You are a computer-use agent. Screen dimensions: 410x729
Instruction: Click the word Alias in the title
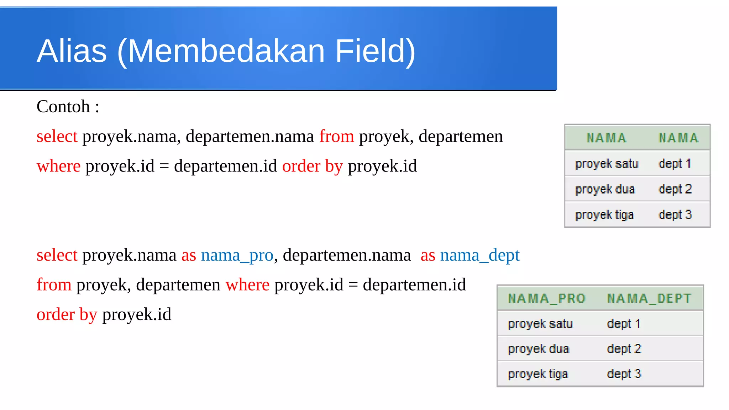[x=72, y=51]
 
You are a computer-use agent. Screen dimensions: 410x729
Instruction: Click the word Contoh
[x=63, y=107]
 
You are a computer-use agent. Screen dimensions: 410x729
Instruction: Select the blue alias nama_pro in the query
[x=237, y=255]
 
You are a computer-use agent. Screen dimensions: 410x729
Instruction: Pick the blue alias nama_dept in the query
[x=480, y=255]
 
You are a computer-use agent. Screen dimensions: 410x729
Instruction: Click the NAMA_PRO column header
[x=547, y=298]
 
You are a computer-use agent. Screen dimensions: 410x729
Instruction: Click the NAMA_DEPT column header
[x=649, y=298]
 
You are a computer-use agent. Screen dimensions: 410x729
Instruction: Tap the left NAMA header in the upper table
[x=607, y=138]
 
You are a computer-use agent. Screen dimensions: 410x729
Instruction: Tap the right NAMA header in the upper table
[x=678, y=138]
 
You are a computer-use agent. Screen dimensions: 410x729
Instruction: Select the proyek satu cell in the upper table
[x=607, y=164]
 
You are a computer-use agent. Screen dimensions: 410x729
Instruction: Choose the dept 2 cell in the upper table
[x=675, y=189]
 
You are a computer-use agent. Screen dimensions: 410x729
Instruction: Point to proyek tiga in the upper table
[x=604, y=215]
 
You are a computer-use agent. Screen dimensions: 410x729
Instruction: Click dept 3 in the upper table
[x=675, y=215]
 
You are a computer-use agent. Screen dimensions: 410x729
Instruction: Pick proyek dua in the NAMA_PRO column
[x=539, y=349]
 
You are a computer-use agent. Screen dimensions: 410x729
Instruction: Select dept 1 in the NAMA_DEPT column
[x=624, y=324]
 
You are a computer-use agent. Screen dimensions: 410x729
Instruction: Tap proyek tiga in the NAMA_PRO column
[x=538, y=374]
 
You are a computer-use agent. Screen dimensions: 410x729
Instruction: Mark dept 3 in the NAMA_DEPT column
[x=624, y=374]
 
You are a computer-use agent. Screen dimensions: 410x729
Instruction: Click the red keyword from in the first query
[x=336, y=137]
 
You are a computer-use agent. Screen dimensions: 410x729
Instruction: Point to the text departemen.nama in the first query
[x=250, y=137]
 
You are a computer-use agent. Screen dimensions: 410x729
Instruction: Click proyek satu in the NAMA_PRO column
[x=540, y=324]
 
